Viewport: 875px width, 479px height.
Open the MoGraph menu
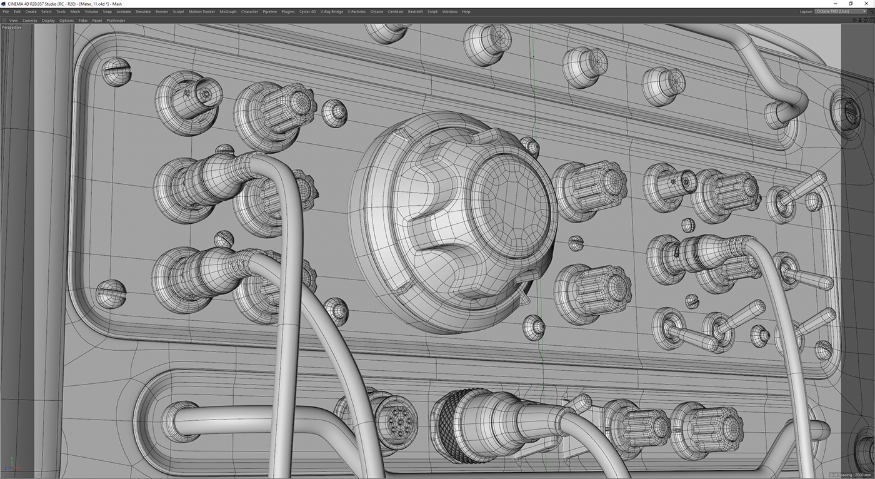tap(227, 12)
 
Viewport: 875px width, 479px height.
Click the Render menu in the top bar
tap(162, 12)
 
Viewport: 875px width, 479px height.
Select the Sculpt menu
tap(178, 12)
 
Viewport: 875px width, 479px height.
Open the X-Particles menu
tap(357, 12)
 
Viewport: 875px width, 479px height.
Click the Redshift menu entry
tap(415, 12)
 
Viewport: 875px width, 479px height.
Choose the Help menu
tap(466, 12)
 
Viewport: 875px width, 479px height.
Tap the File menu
tap(6, 12)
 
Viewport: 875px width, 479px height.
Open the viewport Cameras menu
tap(30, 20)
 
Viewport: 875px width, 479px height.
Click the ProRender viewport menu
tap(116, 20)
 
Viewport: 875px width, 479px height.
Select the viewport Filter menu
tap(82, 20)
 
